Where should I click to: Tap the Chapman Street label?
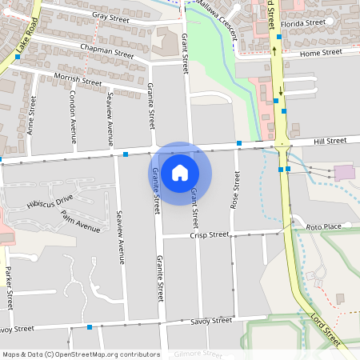[106, 52]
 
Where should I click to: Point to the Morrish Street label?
[78, 79]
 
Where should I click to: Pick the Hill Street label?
[330, 141]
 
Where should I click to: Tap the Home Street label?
[320, 53]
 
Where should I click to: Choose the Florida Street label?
[302, 22]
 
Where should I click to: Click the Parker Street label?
[9, 287]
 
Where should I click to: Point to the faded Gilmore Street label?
[198, 354]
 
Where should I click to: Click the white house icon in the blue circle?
[180, 172]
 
